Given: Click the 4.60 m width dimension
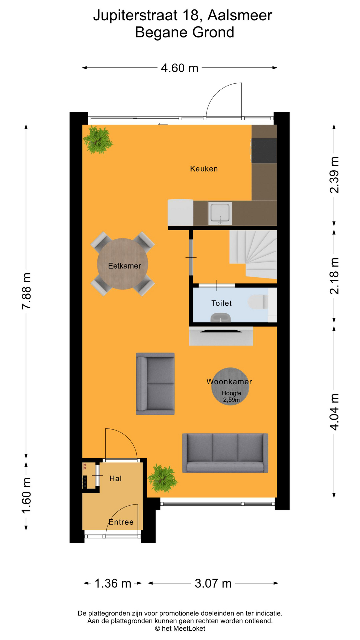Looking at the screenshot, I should (179, 68).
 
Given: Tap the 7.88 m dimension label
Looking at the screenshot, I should (26, 291).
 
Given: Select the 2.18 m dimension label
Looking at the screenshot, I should (334, 276).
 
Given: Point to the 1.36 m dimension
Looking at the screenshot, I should (113, 583).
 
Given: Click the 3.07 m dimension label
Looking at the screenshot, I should (213, 583).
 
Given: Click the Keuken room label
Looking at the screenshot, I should (204, 169).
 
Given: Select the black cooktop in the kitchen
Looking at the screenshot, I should (264, 150).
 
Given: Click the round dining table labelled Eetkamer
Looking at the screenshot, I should (123, 264).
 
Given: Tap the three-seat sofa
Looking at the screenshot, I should (225, 453).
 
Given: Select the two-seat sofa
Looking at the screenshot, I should (155, 384).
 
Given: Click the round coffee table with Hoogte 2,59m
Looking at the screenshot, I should (230, 387).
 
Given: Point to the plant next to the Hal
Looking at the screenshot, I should (163, 478).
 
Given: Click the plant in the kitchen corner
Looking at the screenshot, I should (98, 139).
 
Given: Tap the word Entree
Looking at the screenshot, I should (121, 522).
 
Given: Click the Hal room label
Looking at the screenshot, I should (115, 478).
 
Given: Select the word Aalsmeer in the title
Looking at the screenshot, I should (240, 15).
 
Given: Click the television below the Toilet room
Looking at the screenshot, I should (221, 331).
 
